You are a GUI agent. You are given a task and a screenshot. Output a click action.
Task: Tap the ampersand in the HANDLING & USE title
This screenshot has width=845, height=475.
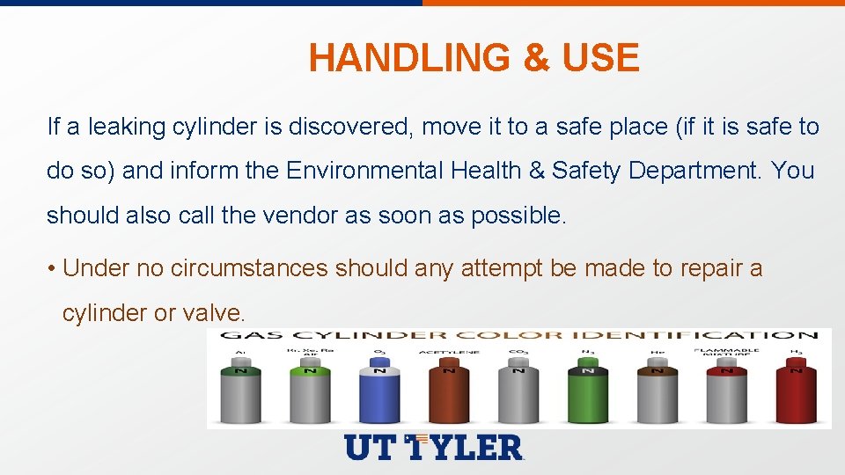[x=535, y=58]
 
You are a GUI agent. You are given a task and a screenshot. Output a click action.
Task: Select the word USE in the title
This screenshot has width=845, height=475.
[x=600, y=58]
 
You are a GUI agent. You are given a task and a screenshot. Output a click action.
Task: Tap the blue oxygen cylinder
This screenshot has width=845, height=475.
[x=379, y=395]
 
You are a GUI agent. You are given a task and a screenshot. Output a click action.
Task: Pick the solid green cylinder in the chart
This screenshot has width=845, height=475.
[x=587, y=395]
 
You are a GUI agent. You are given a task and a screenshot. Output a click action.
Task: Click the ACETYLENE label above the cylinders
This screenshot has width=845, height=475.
[x=448, y=352]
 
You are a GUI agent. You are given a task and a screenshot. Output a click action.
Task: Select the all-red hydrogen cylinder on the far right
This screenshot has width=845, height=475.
[x=796, y=395]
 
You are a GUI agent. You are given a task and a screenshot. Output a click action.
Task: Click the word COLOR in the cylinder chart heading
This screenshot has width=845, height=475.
[x=517, y=335]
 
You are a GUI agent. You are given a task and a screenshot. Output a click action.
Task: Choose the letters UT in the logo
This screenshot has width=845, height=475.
[x=371, y=448]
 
